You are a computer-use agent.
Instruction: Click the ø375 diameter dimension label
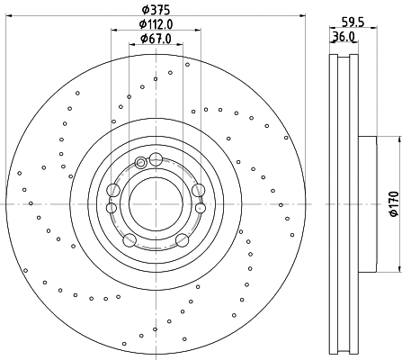click(x=156, y=10)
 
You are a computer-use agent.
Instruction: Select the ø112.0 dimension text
click(x=156, y=24)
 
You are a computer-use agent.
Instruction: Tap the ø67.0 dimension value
click(x=156, y=38)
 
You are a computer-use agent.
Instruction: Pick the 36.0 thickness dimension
click(x=343, y=38)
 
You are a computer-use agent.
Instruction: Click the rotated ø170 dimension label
click(x=393, y=203)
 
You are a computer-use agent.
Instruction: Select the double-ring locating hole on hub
click(x=140, y=163)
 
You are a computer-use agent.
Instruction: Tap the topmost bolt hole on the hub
click(x=156, y=159)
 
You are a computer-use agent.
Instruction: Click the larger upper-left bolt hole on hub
click(x=113, y=190)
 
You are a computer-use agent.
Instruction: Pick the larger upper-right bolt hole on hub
click(x=198, y=190)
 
